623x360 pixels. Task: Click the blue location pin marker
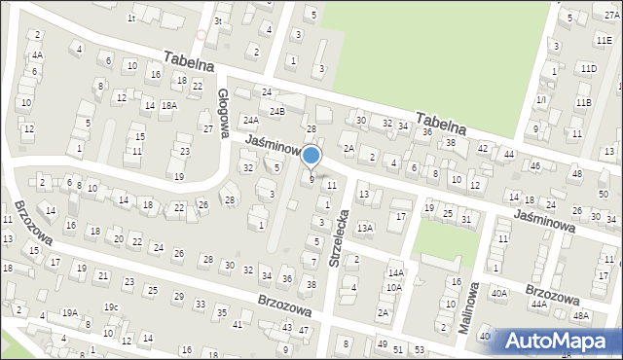coord(311,156)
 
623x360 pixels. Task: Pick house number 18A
coord(168,105)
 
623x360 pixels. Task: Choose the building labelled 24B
coord(277,112)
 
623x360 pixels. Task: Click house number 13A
coord(364,228)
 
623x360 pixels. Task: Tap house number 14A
coord(395,273)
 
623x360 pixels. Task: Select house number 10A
coord(393,287)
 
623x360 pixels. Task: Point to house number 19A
coord(70,312)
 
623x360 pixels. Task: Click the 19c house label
coord(111,307)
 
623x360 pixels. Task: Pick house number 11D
coord(588,68)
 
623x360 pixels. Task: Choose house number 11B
coord(583,102)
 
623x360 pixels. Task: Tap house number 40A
coord(498,293)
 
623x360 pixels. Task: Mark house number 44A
coord(539,304)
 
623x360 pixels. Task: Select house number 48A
coord(581,315)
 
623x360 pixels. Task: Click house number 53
coord(419,348)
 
